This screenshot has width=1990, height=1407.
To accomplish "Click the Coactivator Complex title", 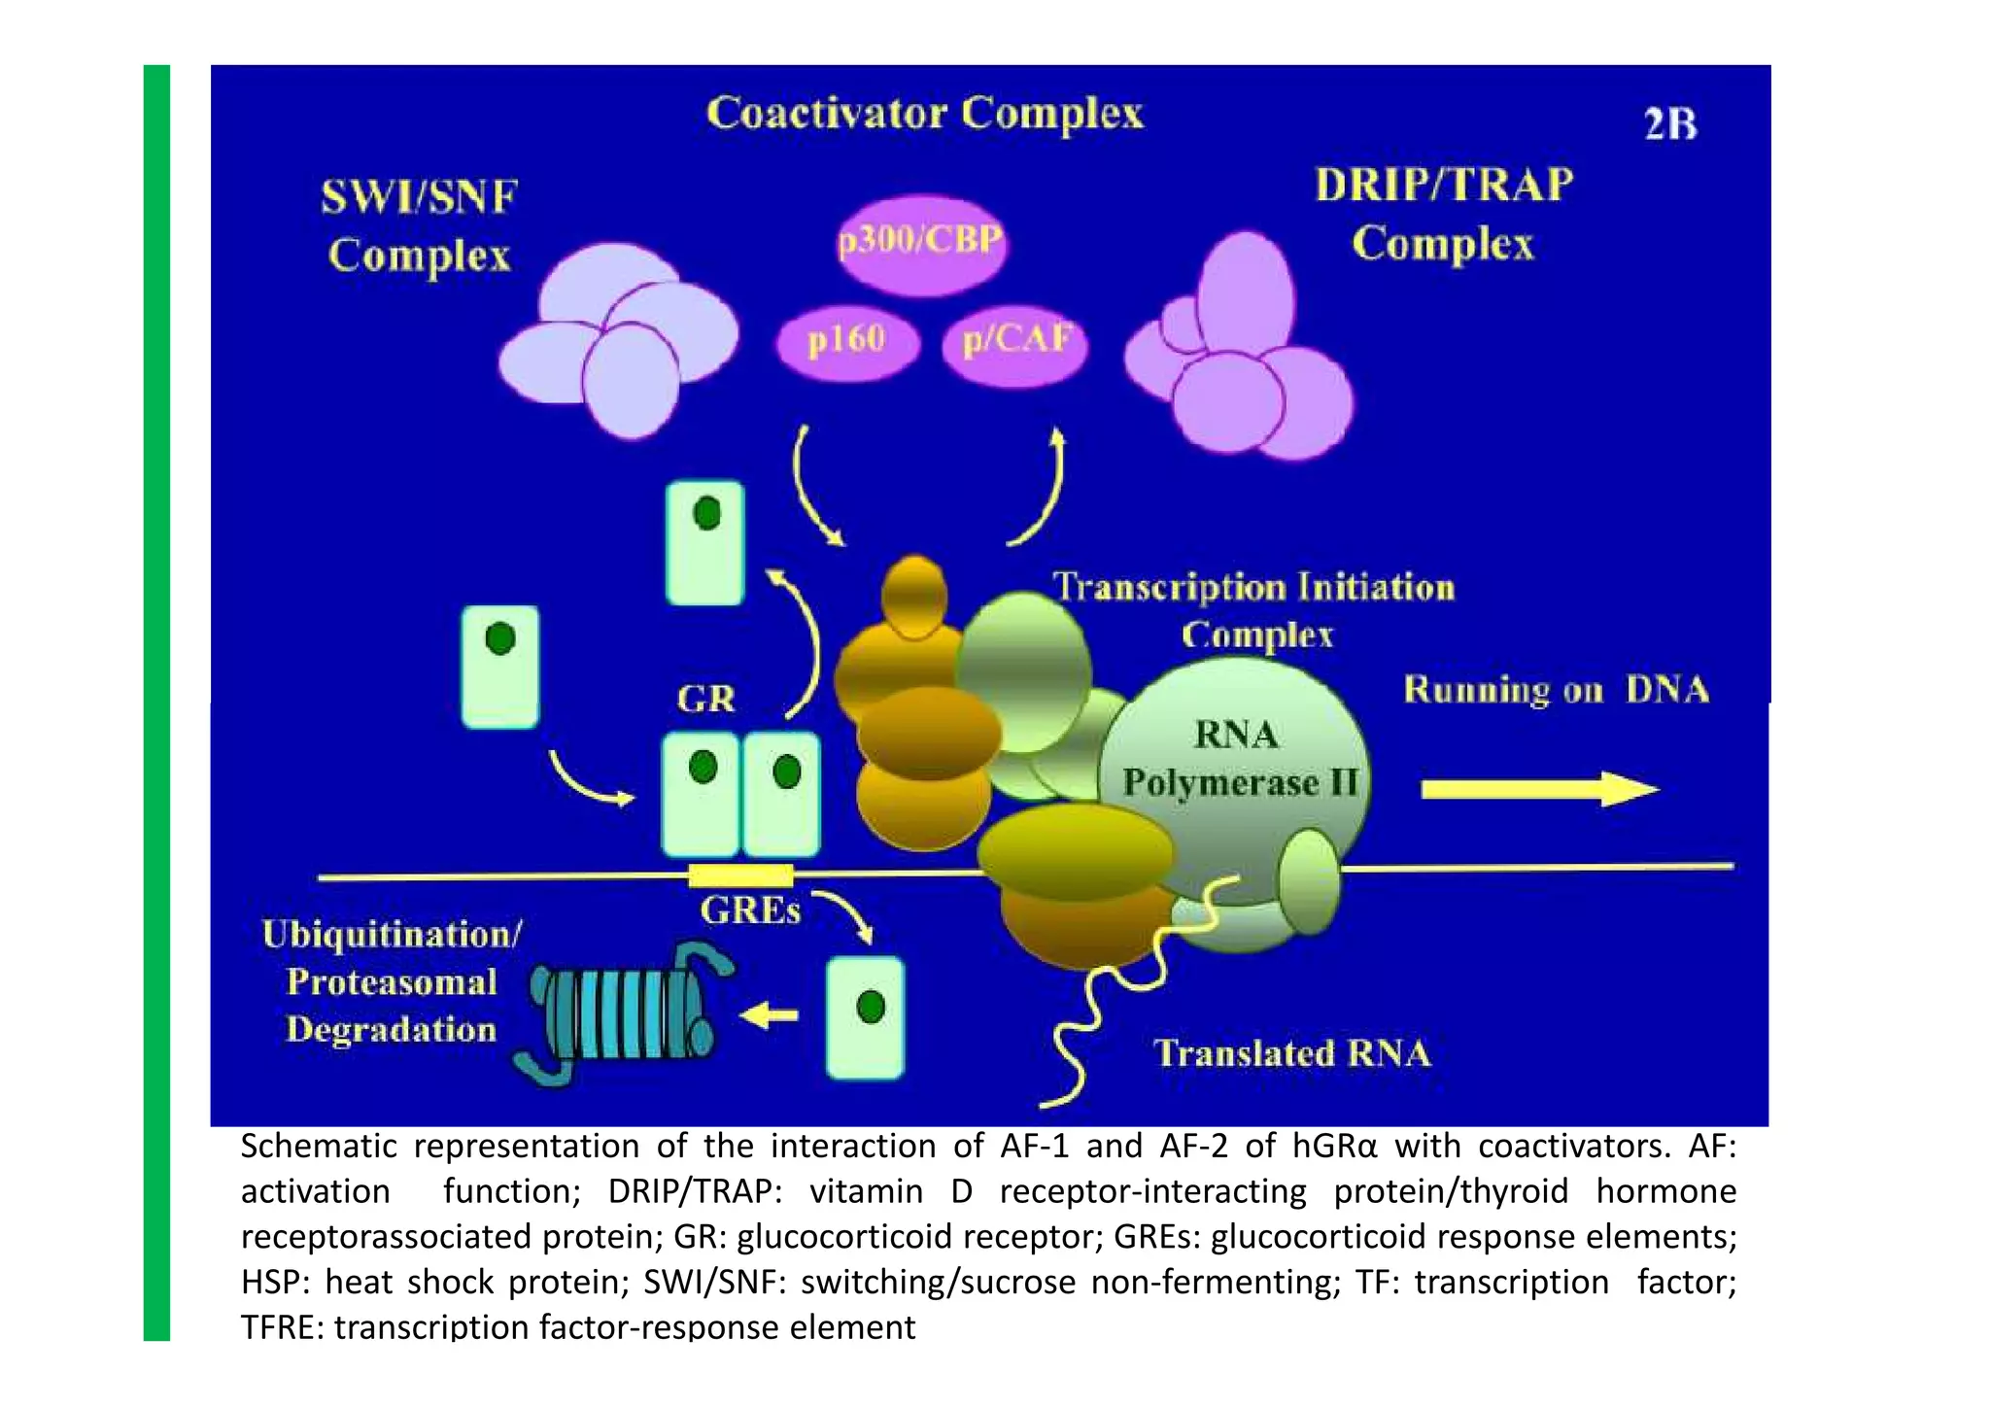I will [x=924, y=114].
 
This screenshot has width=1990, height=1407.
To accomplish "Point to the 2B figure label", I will [x=1669, y=125].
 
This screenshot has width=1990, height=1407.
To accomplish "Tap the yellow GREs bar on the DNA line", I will [x=740, y=875].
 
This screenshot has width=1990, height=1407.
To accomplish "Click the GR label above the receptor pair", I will [x=705, y=699].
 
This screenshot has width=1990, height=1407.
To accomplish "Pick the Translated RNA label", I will [x=1291, y=1054].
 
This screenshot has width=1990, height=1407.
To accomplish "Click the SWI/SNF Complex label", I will [x=419, y=226].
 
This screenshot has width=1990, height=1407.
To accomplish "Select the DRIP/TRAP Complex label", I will [x=1443, y=214].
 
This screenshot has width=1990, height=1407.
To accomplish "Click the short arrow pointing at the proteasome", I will [x=770, y=1016].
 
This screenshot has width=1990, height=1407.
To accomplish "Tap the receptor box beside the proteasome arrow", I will [x=865, y=1017].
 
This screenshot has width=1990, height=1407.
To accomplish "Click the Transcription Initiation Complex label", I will [x=1255, y=611].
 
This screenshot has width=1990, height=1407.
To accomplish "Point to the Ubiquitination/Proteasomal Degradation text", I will [x=391, y=981].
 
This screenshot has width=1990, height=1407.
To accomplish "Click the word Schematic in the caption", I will [x=319, y=1147].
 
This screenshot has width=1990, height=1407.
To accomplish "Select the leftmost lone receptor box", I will [x=499, y=667].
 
